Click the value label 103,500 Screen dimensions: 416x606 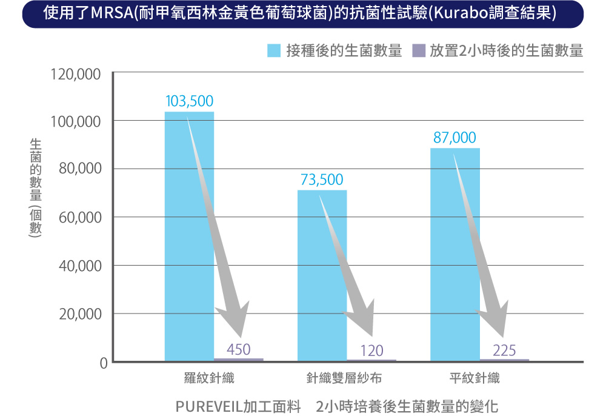click(x=189, y=101)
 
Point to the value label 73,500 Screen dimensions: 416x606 click(x=322, y=179)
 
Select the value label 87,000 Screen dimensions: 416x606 click(x=454, y=138)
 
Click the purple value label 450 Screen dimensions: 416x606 click(x=239, y=349)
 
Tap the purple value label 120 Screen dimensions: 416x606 click(x=371, y=350)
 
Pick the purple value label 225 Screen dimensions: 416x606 click(x=504, y=350)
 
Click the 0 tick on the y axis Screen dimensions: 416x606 click(x=103, y=363)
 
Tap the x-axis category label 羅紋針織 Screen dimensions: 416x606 click(x=209, y=379)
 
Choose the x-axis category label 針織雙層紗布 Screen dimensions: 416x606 click(x=344, y=379)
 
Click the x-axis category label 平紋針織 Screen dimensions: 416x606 click(x=474, y=379)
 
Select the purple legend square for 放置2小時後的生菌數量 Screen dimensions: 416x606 click(x=418, y=51)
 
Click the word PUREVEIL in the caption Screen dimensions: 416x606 click(x=208, y=404)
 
